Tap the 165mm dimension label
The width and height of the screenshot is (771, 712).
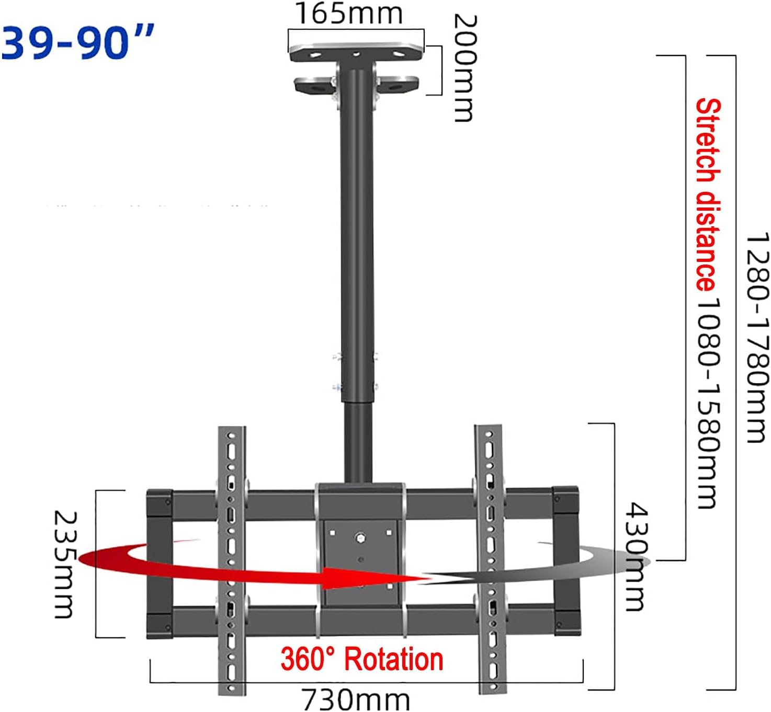(349, 14)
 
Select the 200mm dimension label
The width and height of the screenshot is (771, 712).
(464, 68)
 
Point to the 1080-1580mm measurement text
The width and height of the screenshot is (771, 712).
(709, 403)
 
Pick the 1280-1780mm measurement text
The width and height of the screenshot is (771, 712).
(757, 337)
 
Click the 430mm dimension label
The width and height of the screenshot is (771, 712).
(637, 557)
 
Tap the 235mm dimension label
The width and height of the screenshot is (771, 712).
(66, 565)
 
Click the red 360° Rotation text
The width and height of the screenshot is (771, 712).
(362, 659)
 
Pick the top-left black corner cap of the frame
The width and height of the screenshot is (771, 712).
(160, 502)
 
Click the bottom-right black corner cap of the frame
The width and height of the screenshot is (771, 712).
(567, 622)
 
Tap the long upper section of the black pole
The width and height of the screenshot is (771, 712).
(357, 235)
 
